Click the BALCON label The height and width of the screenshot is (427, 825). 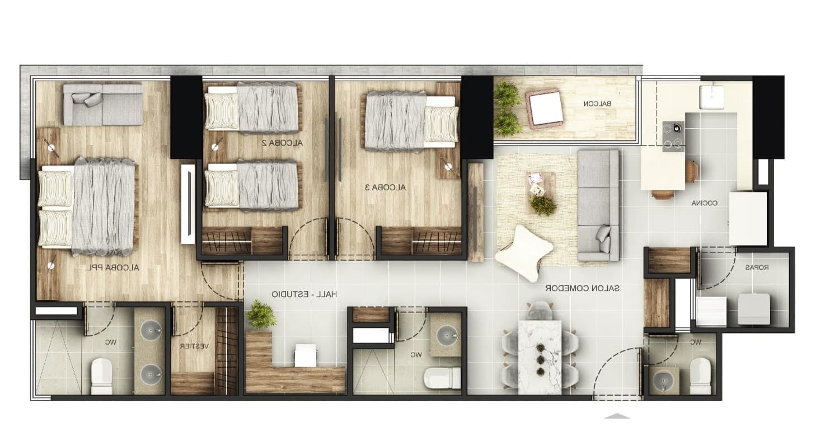pyautogui.click(x=597, y=104)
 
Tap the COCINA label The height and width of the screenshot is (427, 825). pyautogui.click(x=704, y=203)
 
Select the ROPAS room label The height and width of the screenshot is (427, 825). pyautogui.click(x=757, y=268)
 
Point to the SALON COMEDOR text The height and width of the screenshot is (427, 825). pyautogui.click(x=582, y=288)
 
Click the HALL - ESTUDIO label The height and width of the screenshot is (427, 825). pyautogui.click(x=304, y=294)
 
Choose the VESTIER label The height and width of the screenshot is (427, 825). pyautogui.click(x=194, y=346)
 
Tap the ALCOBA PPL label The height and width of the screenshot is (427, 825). pyautogui.click(x=112, y=268)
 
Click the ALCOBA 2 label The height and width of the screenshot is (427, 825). pyautogui.click(x=282, y=143)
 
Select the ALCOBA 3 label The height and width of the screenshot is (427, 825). pyautogui.click(x=385, y=187)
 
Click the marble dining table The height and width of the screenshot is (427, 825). pyautogui.click(x=540, y=357)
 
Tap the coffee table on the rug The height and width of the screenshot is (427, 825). pyautogui.click(x=540, y=193)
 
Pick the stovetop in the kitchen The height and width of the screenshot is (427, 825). pyautogui.click(x=673, y=136)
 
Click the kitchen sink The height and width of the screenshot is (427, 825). pyautogui.click(x=712, y=97)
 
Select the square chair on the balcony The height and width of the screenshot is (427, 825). pyautogui.click(x=545, y=108)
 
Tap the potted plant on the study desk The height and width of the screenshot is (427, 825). pyautogui.click(x=261, y=315)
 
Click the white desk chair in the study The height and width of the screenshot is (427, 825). pyautogui.click(x=306, y=355)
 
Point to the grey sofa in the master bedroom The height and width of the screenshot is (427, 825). pyautogui.click(x=103, y=105)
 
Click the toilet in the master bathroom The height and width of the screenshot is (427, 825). pyautogui.click(x=101, y=376)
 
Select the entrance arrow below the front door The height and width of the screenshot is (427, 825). pyautogui.click(x=617, y=416)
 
